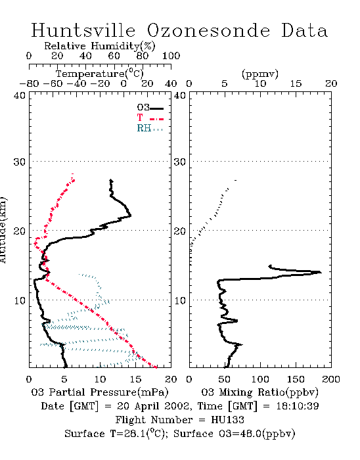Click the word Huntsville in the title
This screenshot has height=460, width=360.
83,30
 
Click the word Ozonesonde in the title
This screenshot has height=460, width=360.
208,30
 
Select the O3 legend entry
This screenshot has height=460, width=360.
150,108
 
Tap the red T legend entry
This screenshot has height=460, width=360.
150,118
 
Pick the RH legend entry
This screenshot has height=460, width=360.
150,128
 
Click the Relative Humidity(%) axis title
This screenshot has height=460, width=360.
100,46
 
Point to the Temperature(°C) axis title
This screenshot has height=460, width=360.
100,74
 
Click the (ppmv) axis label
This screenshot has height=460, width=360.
260,74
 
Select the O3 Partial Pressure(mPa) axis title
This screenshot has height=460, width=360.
100,392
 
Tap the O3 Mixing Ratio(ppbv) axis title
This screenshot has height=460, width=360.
259,392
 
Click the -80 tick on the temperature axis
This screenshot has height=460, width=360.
29,84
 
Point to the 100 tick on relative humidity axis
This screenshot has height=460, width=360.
171,56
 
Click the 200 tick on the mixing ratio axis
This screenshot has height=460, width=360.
331,379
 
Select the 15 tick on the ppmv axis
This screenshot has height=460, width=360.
296,84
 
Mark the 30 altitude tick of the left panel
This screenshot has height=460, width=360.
20,162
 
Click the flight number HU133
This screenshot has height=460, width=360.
227,420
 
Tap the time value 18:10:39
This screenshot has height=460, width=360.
298,406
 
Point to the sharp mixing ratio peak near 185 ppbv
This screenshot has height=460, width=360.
321,272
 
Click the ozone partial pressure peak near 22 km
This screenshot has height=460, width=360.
131,216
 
